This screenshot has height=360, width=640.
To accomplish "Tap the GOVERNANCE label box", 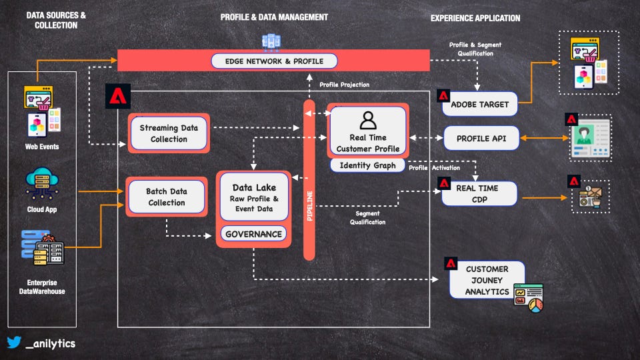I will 253,234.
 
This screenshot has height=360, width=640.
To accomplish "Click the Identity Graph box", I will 367,165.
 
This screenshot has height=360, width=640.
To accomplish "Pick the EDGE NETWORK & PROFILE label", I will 274,61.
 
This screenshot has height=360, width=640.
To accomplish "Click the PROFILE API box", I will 480,139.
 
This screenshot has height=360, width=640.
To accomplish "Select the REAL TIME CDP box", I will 479,194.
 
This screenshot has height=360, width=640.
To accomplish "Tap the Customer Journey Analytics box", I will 487,279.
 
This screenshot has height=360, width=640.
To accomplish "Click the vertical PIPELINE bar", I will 309,180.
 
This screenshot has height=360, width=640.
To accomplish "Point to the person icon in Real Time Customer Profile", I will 368,120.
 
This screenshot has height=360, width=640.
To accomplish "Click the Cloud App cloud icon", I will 43,181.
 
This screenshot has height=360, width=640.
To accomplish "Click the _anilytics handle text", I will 50,344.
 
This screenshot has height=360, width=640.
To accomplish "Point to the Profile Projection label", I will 344,85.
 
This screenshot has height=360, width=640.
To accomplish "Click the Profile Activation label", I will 434,168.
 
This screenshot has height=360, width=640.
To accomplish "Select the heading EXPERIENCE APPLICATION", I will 475,18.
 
